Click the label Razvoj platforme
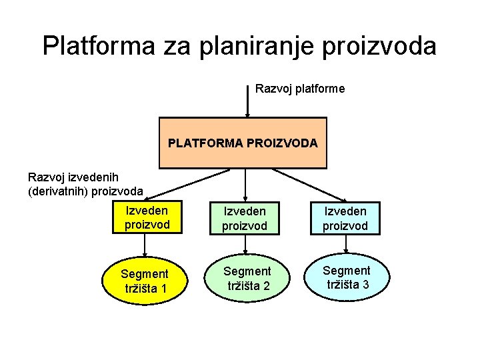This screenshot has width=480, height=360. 300,89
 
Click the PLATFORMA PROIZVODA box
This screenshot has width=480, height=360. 243,143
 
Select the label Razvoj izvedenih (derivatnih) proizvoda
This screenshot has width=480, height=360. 85,184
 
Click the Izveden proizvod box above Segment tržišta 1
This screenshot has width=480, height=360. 147,217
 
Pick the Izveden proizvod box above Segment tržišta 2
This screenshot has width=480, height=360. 245,218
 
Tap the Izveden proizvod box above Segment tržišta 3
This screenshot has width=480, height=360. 345,218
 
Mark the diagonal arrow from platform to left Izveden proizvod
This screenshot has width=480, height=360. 187,185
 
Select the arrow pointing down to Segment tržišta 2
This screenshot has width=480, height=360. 245,245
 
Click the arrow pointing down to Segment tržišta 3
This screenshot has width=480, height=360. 345,244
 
